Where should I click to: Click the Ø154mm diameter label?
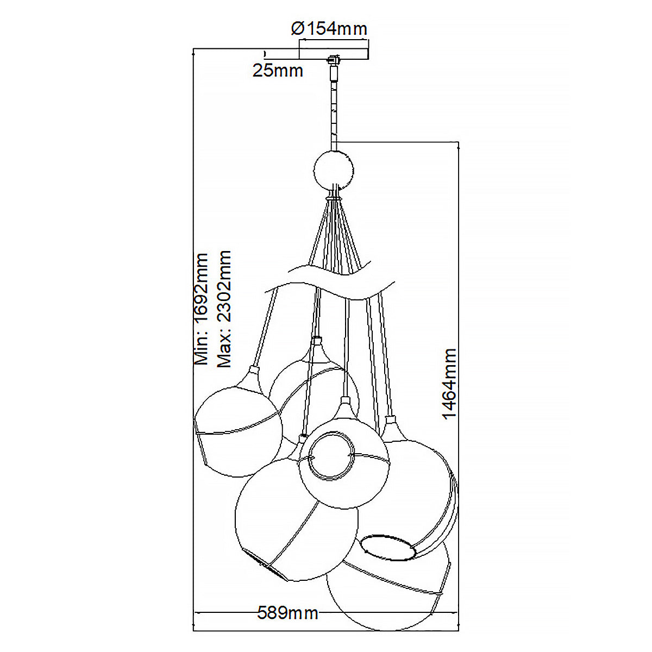point(329,28)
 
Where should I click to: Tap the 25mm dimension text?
point(278,70)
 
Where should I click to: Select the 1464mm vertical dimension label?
point(449,384)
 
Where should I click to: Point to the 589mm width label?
point(287,613)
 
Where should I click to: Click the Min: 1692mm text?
point(202,308)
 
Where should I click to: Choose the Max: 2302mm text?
point(224,310)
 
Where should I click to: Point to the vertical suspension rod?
point(333,109)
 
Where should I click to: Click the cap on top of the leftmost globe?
point(253,373)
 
